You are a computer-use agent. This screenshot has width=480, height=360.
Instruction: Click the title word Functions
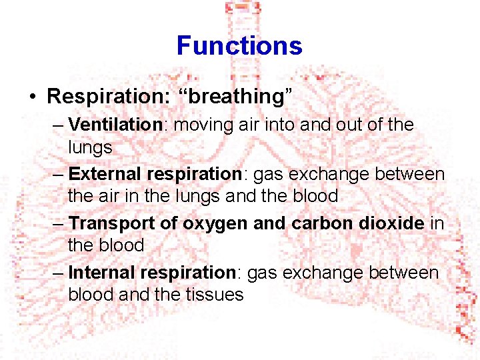click(x=239, y=46)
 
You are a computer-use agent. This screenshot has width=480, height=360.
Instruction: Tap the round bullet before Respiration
click(x=33, y=97)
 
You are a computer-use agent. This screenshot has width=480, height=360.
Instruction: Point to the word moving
click(x=204, y=125)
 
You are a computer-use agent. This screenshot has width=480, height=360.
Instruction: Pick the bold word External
click(x=105, y=174)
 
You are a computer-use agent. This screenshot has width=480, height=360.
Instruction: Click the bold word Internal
click(x=101, y=273)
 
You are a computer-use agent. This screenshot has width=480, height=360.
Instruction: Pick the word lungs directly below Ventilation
click(x=90, y=147)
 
